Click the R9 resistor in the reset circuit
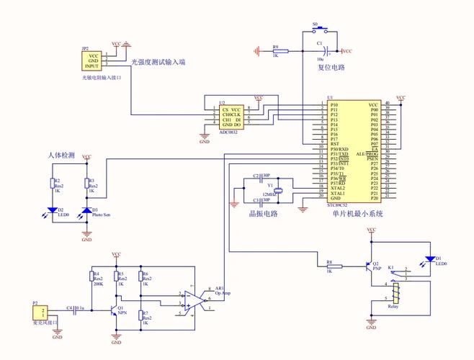pos(280,51)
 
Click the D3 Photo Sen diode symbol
pos(87,211)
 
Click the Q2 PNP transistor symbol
pos(370,266)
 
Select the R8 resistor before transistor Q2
pos(331,266)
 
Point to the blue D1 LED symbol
pos(430,258)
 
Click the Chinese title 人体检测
pos(61,155)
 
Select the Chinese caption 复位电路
pos(331,67)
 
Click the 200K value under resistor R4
pos(98,284)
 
